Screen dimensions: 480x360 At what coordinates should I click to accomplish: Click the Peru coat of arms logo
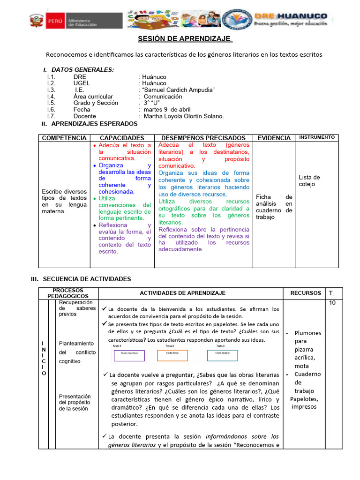coord(36,21)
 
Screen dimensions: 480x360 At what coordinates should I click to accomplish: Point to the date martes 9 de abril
coord(167,109)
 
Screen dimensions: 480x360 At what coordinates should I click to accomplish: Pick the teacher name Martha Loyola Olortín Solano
coord(184,116)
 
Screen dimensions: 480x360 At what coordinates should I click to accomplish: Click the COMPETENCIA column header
coord(64,138)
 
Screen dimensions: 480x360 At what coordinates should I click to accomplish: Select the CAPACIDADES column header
coord(122,138)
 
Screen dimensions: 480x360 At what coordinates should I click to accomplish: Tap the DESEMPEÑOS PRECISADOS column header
coord(203,138)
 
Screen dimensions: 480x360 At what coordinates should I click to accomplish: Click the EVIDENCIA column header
coord(274,138)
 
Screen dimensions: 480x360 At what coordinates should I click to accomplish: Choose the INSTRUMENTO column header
coord(317,137)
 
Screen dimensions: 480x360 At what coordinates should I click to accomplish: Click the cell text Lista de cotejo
coord(309,180)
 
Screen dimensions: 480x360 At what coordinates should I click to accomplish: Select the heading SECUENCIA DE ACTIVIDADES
coord(87,279)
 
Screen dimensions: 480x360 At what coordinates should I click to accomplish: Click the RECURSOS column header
coord(306,293)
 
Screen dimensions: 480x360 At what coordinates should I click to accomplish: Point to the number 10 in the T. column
coord(332,303)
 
